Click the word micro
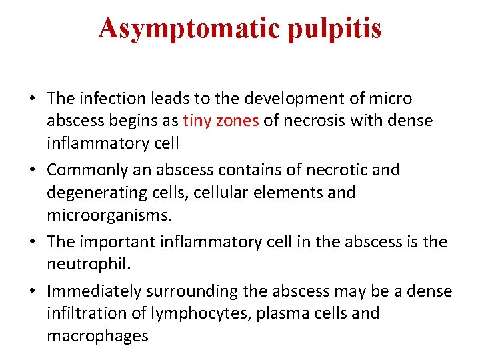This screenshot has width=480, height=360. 391,99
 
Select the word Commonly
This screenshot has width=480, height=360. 89,170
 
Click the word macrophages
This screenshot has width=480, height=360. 97,336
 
